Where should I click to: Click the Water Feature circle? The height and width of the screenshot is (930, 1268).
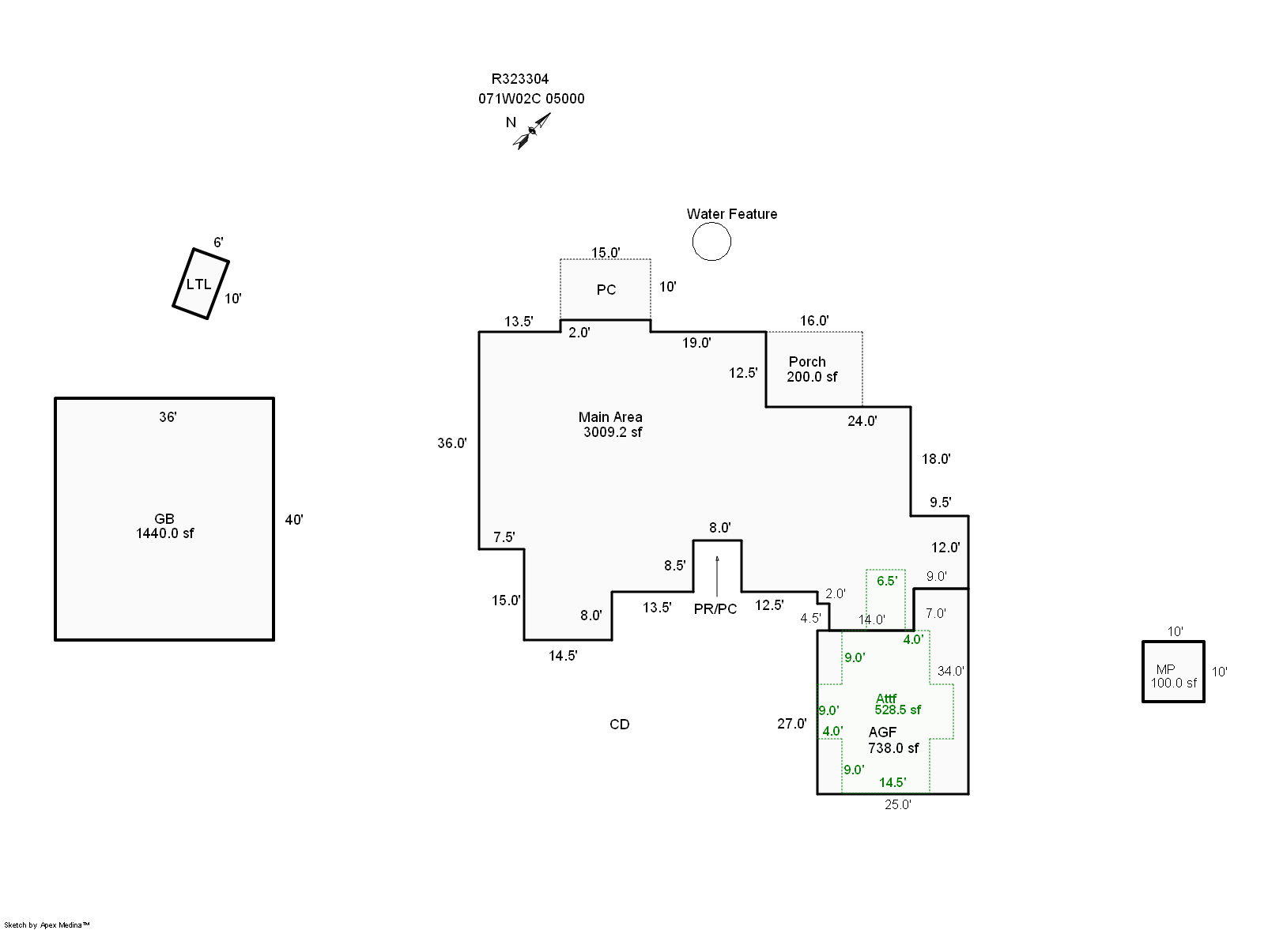711,241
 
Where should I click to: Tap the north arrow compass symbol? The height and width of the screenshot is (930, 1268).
532,130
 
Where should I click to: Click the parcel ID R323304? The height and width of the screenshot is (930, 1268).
519,79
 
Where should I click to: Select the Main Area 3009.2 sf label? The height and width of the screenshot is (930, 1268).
611,424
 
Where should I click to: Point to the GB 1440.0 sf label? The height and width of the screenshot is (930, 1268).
164,526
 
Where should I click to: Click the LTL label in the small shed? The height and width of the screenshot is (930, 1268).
198,284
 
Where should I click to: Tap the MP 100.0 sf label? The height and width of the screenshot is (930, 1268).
1172,676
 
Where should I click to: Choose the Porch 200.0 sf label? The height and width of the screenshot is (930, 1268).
810,369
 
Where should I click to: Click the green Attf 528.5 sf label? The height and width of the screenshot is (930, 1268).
896,704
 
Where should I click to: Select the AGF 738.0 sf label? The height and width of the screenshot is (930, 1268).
893,740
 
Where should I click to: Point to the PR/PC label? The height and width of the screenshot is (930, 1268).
715,609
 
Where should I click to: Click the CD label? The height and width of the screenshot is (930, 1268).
619,725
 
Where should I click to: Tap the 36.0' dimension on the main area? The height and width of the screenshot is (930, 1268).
452,443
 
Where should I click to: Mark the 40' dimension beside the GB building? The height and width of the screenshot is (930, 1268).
294,520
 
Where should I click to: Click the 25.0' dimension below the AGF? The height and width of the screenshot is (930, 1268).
897,804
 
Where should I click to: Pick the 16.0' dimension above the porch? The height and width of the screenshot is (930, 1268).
813,321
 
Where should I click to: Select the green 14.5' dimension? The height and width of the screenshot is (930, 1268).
892,782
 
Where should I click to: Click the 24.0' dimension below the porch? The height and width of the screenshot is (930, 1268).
862,421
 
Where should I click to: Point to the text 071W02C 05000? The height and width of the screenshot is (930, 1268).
531,99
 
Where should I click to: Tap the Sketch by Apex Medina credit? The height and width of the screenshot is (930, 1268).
47,924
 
